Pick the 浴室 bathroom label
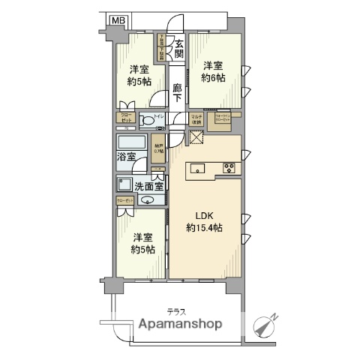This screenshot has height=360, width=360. click(x=125, y=156)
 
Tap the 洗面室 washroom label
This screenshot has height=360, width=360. click(x=148, y=185)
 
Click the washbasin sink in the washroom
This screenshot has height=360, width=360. click(x=147, y=199)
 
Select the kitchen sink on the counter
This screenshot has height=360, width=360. click(x=198, y=168)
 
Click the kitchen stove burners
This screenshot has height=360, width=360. click(x=229, y=168)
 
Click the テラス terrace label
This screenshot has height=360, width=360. click(x=176, y=310)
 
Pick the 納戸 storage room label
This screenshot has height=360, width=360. click(x=157, y=148)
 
